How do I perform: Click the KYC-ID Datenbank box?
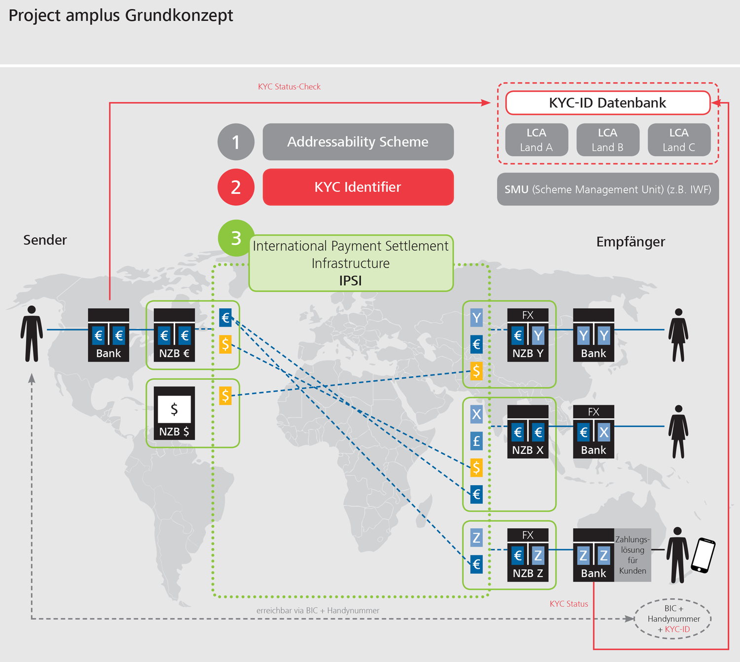click(x=607, y=103)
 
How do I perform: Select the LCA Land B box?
click(x=607, y=140)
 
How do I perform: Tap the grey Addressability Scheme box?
click(x=358, y=142)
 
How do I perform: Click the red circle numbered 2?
click(x=236, y=187)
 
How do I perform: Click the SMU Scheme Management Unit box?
click(x=607, y=189)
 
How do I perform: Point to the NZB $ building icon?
click(x=174, y=413)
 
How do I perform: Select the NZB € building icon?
click(x=174, y=335)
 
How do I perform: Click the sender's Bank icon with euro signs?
click(x=109, y=335)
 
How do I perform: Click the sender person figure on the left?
click(x=32, y=334)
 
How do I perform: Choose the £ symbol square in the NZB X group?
click(x=476, y=441)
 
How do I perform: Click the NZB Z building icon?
click(x=528, y=555)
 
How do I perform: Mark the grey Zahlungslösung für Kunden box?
click(x=632, y=555)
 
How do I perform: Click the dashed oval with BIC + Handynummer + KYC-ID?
click(x=673, y=619)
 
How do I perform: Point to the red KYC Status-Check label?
click(x=289, y=87)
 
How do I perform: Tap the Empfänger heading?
click(x=630, y=242)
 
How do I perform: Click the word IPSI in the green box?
click(x=350, y=281)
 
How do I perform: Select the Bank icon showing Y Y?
click(x=593, y=335)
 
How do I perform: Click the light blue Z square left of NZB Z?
click(x=476, y=537)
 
